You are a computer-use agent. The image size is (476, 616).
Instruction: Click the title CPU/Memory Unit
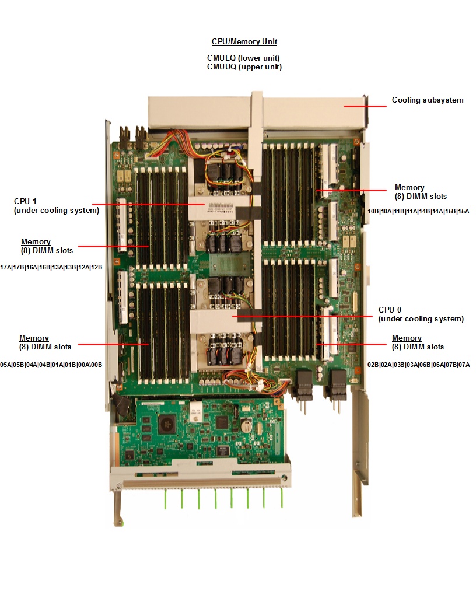tap(244, 42)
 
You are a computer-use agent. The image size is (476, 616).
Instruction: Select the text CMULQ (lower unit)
tap(244, 58)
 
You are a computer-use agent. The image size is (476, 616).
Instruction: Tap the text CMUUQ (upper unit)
tap(244, 67)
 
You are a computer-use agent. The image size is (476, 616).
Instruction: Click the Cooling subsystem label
tap(428, 100)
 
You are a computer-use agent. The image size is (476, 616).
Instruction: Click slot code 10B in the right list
tap(373, 211)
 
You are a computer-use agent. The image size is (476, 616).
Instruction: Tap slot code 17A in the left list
tap(6, 268)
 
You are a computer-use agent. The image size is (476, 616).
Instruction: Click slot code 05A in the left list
tap(6, 365)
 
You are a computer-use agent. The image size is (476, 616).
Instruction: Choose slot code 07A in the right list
tap(464, 365)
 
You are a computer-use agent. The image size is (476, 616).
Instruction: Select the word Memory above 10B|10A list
tap(409, 188)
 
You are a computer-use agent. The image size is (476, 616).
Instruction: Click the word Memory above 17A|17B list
tap(36, 242)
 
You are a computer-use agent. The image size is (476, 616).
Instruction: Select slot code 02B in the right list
tap(373, 365)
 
